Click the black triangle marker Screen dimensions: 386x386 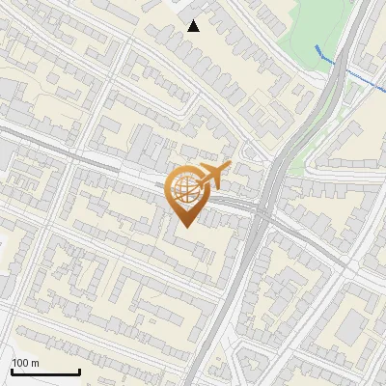coord(194,26)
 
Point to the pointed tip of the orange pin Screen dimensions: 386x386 coord(183,226)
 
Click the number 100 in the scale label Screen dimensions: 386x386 coord(21,363)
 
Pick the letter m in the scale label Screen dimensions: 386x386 coord(36,363)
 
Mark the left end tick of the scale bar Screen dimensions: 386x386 coord(13,372)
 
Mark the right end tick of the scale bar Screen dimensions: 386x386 coord(79,372)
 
